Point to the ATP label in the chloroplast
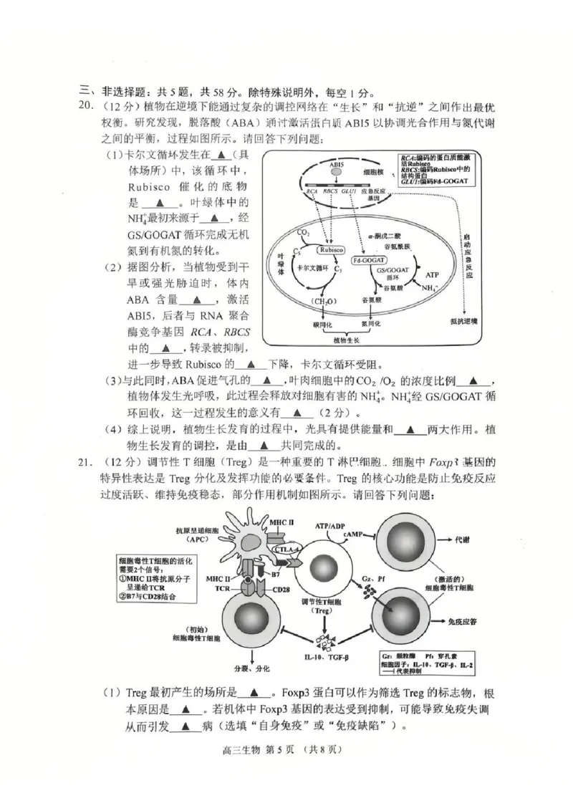(x=432, y=274)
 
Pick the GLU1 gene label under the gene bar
(x=350, y=191)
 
